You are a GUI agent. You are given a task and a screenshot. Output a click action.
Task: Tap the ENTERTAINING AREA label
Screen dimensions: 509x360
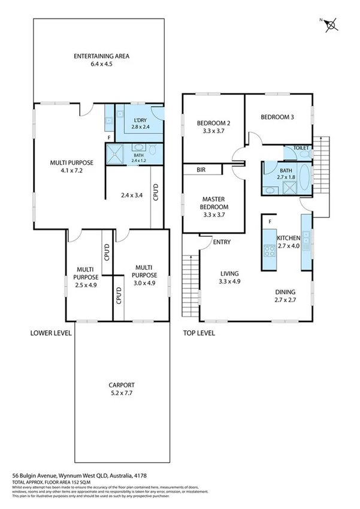[x=101, y=57]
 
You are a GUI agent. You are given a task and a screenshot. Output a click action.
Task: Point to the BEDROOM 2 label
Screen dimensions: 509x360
[x=214, y=124]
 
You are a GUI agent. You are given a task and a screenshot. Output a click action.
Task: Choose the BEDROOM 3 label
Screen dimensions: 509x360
[x=277, y=118]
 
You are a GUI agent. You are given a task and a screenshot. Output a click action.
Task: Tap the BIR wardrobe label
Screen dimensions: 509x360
[x=201, y=170]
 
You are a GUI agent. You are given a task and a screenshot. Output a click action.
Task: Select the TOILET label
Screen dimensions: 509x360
[x=301, y=147]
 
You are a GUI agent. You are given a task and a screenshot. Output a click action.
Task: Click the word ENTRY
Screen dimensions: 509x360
[x=221, y=242]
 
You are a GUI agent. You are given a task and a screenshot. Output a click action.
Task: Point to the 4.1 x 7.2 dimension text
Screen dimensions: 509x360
[x=66, y=170]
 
